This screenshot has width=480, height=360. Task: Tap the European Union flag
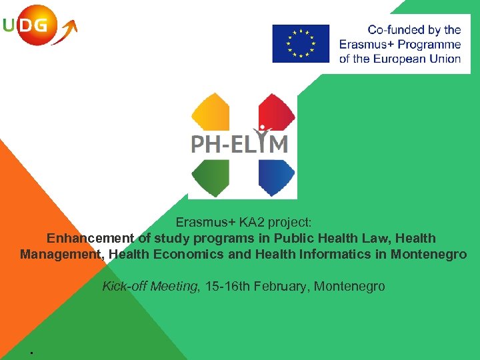pos(301,43)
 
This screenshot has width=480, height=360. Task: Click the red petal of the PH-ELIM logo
pos(276,112)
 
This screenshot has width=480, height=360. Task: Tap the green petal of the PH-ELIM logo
pos(210,177)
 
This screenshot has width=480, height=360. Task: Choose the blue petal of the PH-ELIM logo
pos(276,177)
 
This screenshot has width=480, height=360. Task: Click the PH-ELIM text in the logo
pos(240,143)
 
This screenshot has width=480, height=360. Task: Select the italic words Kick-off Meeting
pos(150,287)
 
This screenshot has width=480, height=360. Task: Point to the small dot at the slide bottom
pos(31,351)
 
